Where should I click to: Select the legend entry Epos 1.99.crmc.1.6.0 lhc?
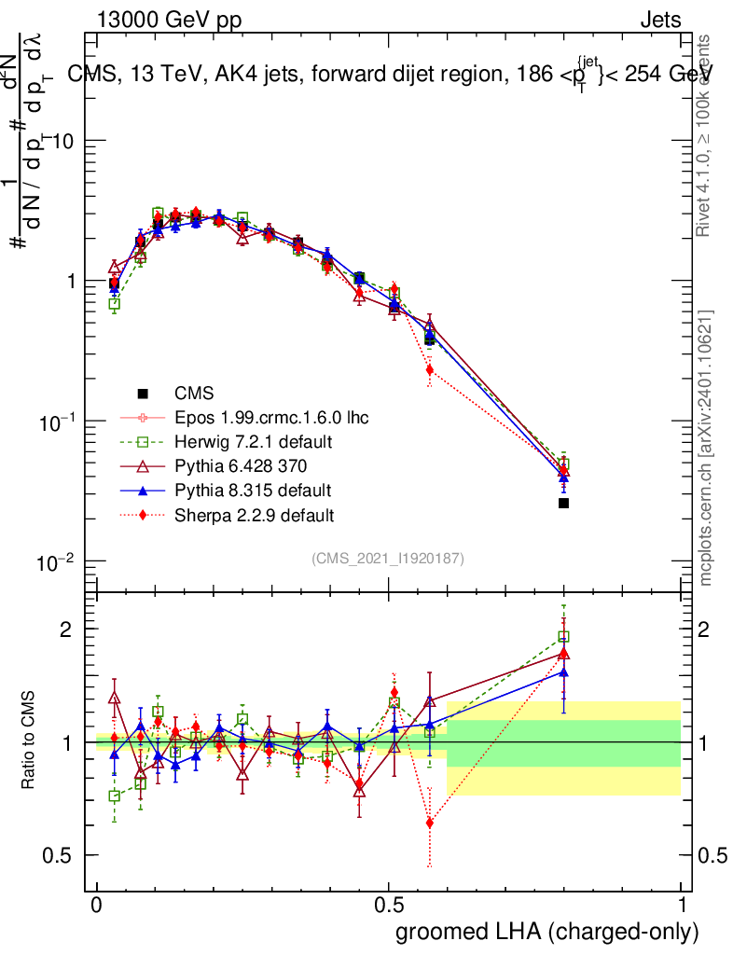[270, 417]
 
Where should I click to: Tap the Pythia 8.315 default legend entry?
[253, 490]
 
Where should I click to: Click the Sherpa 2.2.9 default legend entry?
[255, 514]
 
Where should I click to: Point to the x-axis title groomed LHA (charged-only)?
[548, 932]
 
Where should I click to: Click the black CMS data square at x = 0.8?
[563, 504]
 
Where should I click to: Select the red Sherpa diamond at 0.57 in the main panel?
[429, 370]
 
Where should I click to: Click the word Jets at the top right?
[659, 21]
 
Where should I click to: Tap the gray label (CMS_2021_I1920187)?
[388, 559]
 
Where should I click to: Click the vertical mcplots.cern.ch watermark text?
[706, 448]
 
